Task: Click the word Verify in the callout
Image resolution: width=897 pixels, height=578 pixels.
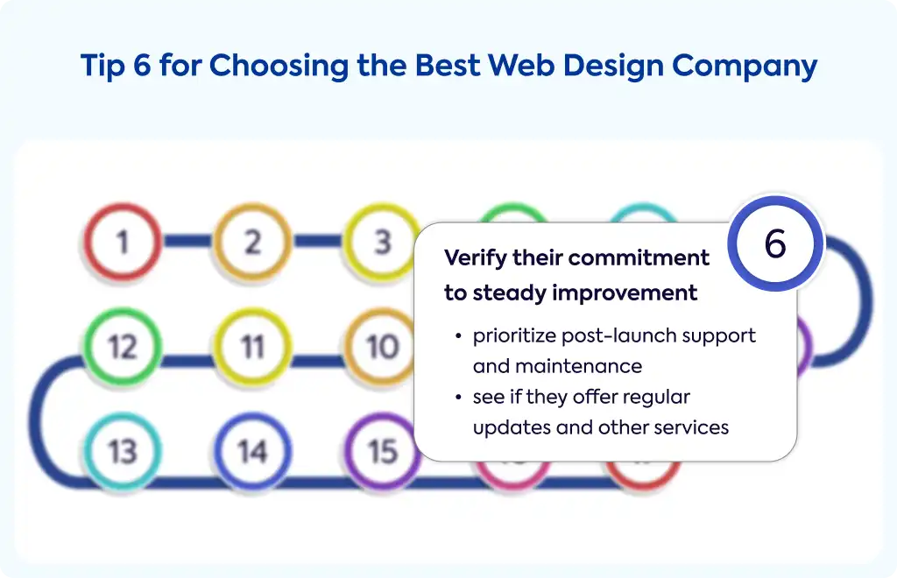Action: click(x=476, y=258)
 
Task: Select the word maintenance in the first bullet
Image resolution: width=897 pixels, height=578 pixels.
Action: click(x=579, y=366)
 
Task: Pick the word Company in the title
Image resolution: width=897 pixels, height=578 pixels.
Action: click(x=745, y=67)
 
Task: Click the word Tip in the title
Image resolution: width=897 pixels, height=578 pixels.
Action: click(x=102, y=67)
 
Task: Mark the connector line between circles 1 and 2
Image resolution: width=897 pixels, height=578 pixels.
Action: click(x=187, y=241)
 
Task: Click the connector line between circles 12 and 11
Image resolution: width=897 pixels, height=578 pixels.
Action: click(x=187, y=361)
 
